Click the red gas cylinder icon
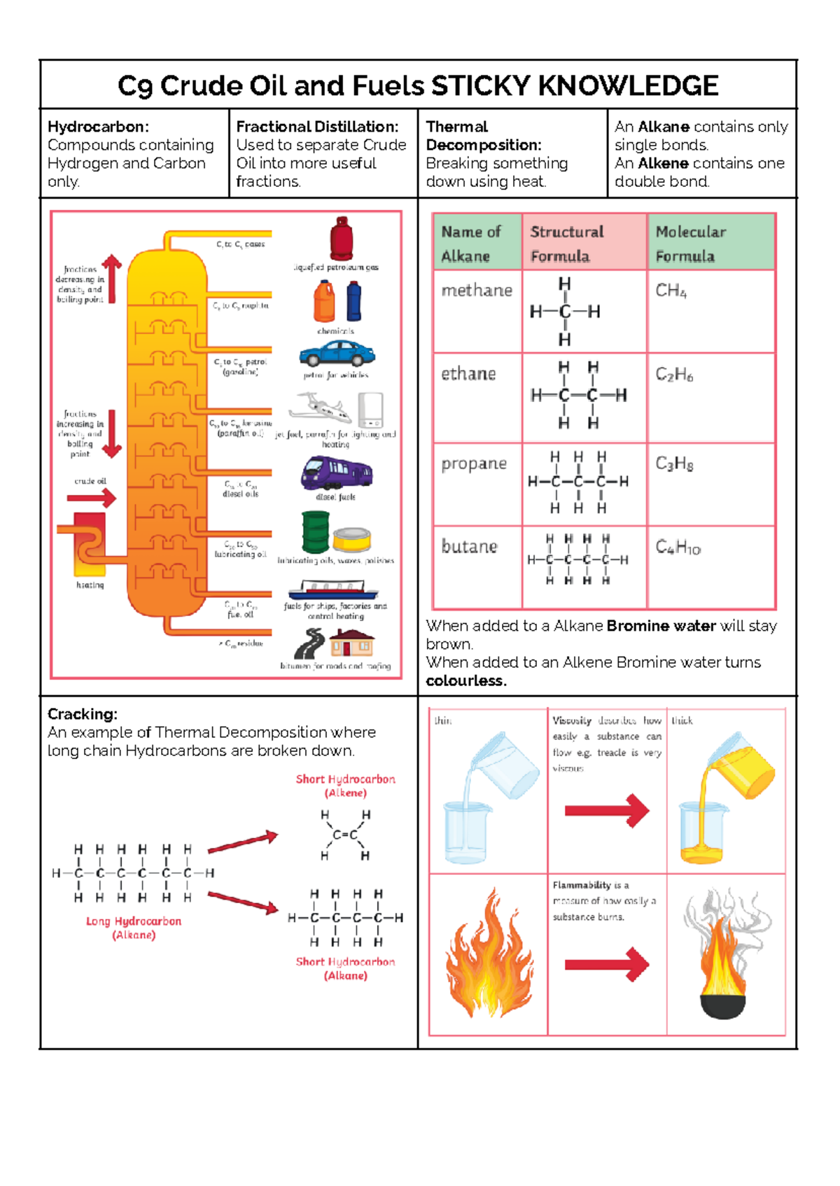tap(342, 238)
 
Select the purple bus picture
tap(337, 473)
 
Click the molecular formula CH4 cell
tap(671, 291)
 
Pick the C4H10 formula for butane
tap(678, 547)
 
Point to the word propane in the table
tap(474, 463)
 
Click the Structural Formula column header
tap(566, 243)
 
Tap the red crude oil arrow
tap(92, 498)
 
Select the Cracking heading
tap(82, 714)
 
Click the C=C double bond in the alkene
tap(345, 835)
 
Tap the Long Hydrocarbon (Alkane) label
tap(134, 928)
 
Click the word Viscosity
tap(572, 720)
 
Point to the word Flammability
tap(582, 885)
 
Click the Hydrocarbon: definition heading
tap(98, 127)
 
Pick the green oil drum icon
tap(315, 531)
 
